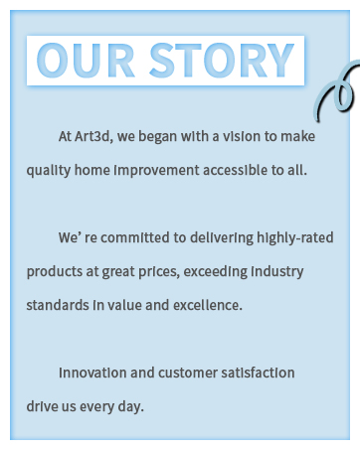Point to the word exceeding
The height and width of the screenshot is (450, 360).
[x=241, y=271]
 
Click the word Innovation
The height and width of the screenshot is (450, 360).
[x=92, y=373]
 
